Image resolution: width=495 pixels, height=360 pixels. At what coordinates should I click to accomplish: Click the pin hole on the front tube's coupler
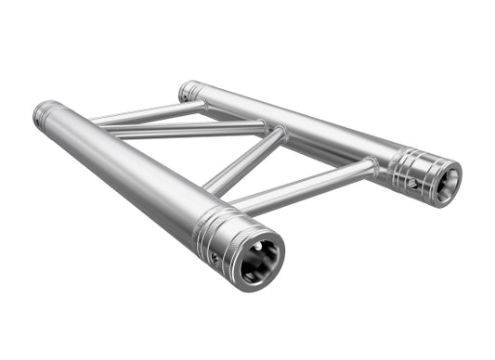point(215,257)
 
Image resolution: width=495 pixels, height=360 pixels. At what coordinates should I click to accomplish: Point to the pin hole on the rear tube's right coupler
point(412,183)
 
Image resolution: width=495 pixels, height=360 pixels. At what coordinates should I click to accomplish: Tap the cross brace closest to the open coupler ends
point(306,185)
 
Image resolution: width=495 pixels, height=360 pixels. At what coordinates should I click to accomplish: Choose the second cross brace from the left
point(186,131)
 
